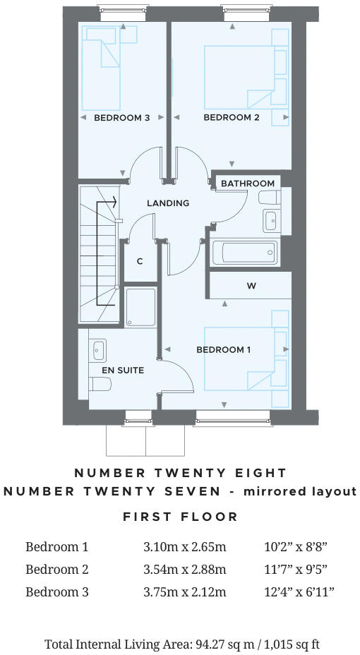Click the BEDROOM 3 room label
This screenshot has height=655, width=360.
[x=121, y=118]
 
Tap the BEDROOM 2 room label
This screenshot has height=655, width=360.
[x=232, y=118]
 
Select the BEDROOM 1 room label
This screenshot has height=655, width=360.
[x=224, y=350]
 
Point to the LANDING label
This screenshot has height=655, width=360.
[x=168, y=203]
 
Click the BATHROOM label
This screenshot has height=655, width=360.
[x=247, y=184]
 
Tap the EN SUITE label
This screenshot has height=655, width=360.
[x=123, y=370]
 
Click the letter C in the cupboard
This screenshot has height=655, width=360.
[x=140, y=261]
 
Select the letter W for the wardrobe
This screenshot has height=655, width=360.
[x=251, y=286]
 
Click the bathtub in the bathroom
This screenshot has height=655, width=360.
[x=244, y=252]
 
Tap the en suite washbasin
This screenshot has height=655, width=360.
[x=98, y=350]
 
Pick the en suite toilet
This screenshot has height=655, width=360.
[x=100, y=384]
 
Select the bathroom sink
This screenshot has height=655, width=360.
[x=271, y=220]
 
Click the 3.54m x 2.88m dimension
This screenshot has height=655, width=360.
[x=184, y=569]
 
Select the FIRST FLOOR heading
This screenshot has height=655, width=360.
[x=180, y=517]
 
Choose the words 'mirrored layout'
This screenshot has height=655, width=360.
[x=299, y=491]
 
